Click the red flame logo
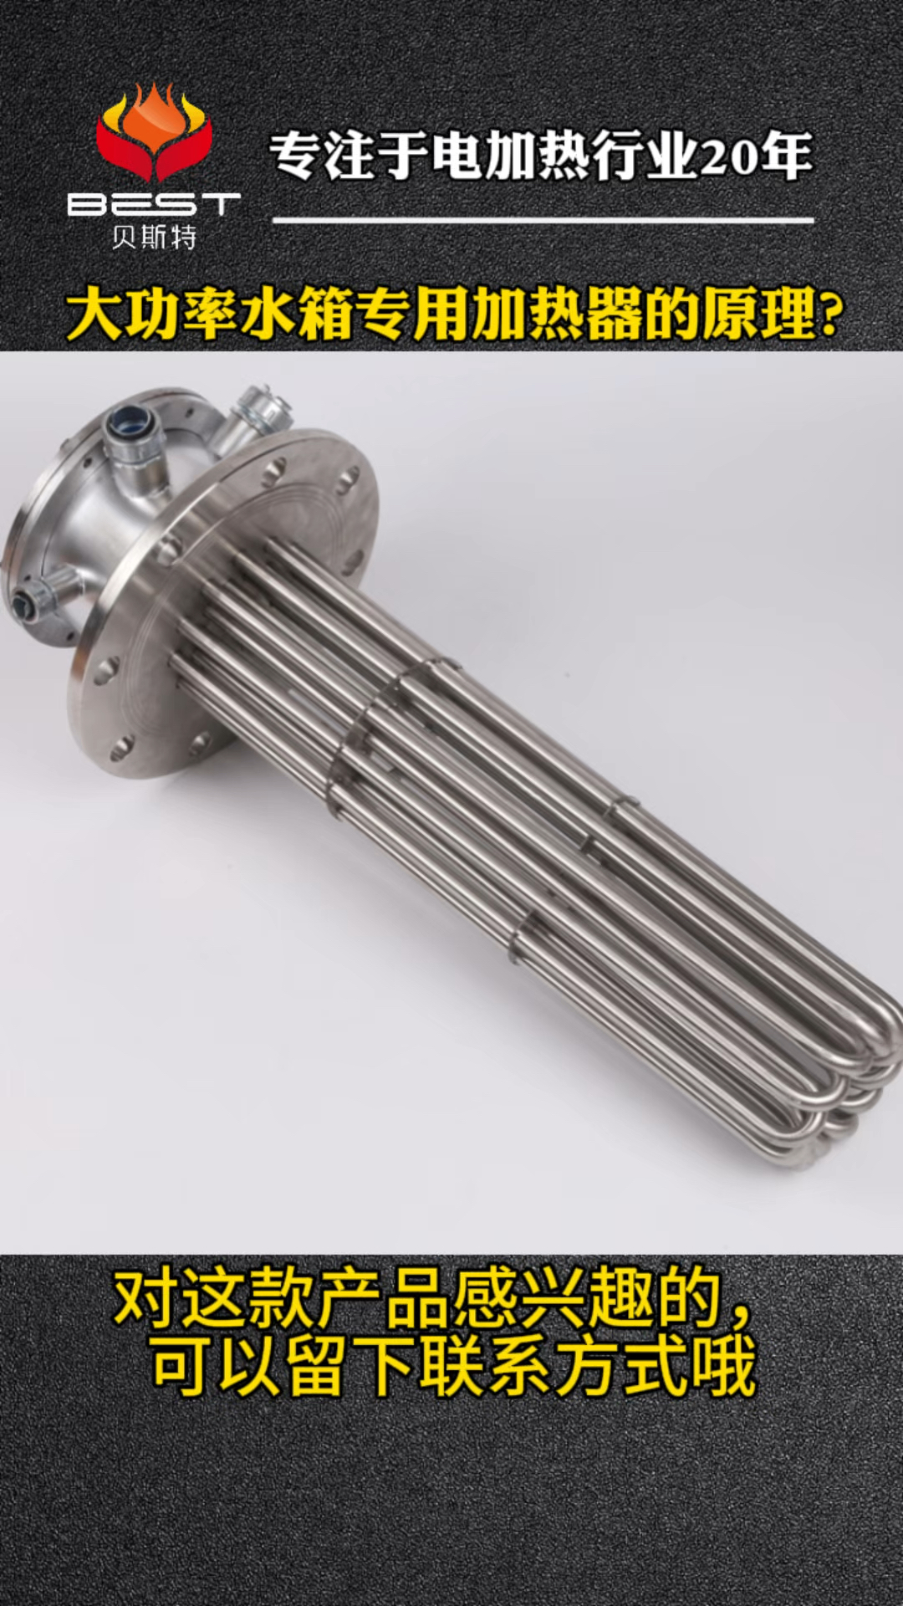point(155,134)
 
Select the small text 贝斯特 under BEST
point(154,238)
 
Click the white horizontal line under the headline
point(543,221)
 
